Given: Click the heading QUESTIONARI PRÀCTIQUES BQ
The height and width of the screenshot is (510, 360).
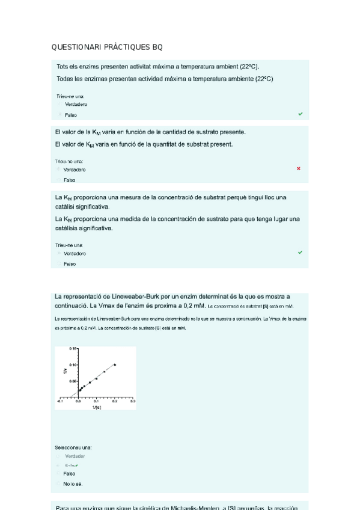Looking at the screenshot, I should click(x=106, y=47).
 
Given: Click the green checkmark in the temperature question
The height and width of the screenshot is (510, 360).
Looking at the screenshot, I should click(x=301, y=114).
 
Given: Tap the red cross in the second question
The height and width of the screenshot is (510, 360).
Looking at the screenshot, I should click(x=299, y=169).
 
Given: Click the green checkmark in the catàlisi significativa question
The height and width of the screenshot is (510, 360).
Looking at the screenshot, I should click(x=301, y=253).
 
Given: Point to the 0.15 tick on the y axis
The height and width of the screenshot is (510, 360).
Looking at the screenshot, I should click(x=72, y=349).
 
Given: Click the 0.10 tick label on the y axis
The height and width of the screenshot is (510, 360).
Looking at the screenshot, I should click(x=72, y=365).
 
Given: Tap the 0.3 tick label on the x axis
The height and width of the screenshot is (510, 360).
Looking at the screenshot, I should click(x=132, y=401).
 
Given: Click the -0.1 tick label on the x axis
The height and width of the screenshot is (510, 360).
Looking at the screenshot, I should click(x=59, y=401).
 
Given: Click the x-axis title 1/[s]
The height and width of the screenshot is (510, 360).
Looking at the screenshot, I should click(x=97, y=407).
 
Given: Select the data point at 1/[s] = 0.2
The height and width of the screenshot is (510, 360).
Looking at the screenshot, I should click(x=115, y=364).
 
